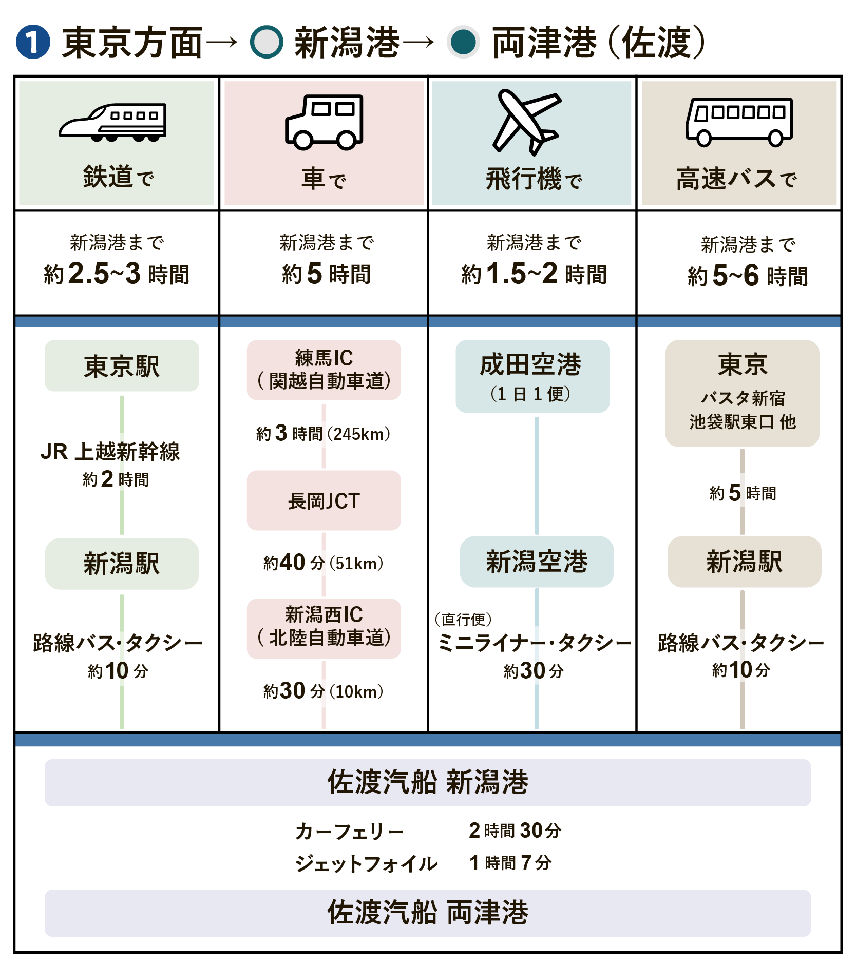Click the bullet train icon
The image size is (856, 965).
point(112,123)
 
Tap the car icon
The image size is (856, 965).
point(324,123)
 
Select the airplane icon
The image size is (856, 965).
point(526,122)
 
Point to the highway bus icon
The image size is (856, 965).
point(739,122)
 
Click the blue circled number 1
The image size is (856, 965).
point(33,42)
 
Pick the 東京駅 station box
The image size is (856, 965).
point(122,366)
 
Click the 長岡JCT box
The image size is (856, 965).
point(324,500)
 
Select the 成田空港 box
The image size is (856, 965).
point(532,376)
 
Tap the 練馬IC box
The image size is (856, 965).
point(324,370)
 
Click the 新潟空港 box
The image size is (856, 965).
point(537,562)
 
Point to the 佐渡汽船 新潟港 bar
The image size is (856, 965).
point(427,782)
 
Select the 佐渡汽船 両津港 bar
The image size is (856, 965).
point(427,913)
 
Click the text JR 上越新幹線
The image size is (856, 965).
point(110,452)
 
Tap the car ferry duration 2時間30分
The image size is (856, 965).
point(515,831)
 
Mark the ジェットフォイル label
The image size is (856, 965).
point(366,863)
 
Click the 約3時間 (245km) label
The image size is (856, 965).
point(324,434)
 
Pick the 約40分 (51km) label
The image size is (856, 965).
point(324,563)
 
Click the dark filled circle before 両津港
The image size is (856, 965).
point(463,42)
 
